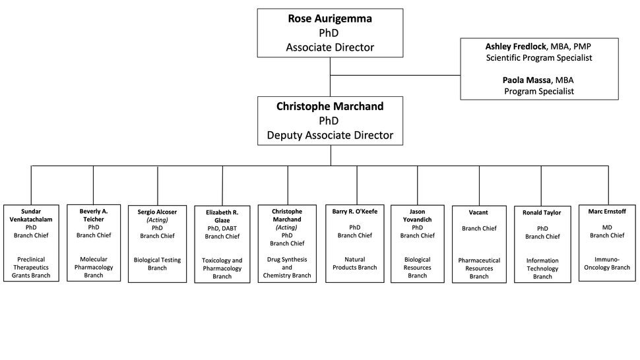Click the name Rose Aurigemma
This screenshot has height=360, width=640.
click(x=330, y=18)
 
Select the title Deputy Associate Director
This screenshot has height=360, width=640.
click(x=330, y=135)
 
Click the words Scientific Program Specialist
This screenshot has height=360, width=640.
click(x=539, y=58)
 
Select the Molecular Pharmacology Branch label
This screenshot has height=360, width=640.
click(x=94, y=267)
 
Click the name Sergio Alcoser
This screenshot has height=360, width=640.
click(x=157, y=212)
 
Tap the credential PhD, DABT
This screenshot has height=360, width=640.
click(x=222, y=228)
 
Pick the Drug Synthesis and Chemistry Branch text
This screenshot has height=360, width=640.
click(x=287, y=267)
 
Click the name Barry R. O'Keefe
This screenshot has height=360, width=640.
click(x=355, y=212)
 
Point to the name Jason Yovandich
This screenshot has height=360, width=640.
click(x=417, y=216)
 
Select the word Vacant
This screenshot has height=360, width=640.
click(x=478, y=213)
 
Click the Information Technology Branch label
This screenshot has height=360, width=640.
click(x=542, y=268)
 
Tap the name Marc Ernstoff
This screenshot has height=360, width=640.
click(x=607, y=212)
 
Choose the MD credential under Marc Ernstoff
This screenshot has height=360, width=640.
click(x=607, y=227)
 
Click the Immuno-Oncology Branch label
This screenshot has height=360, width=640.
click(x=607, y=264)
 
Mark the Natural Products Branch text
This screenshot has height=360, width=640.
click(x=355, y=264)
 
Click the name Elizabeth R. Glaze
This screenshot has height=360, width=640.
click(x=222, y=216)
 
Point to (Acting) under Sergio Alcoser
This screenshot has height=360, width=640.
click(x=157, y=220)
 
